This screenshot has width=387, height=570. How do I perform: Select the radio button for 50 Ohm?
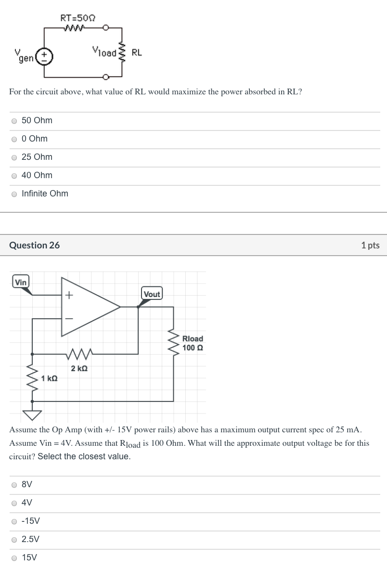click(14, 121)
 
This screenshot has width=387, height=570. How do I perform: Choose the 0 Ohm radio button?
click(14, 139)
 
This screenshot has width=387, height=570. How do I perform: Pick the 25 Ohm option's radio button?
click(14, 157)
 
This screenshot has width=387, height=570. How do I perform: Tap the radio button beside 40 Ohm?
click(14, 176)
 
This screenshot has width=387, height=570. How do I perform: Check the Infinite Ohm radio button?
click(14, 194)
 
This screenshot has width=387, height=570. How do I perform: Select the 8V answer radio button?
click(14, 485)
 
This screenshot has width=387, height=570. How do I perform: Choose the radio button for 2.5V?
click(14, 540)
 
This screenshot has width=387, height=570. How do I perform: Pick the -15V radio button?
click(14, 521)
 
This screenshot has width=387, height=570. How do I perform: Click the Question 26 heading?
click(35, 245)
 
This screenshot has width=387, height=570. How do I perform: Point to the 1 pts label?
click(370, 246)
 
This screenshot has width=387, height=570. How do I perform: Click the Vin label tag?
click(21, 282)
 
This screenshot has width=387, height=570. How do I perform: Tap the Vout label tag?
click(152, 294)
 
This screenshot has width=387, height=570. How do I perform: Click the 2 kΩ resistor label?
click(79, 369)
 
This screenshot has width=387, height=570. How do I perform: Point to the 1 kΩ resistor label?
click(50, 378)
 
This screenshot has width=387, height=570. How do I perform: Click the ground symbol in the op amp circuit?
click(32, 414)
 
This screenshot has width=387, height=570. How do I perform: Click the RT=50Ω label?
click(77, 18)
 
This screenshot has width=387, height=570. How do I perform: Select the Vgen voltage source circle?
click(45, 56)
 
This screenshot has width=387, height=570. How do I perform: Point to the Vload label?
click(104, 52)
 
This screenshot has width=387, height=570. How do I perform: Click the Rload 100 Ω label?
click(193, 343)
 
